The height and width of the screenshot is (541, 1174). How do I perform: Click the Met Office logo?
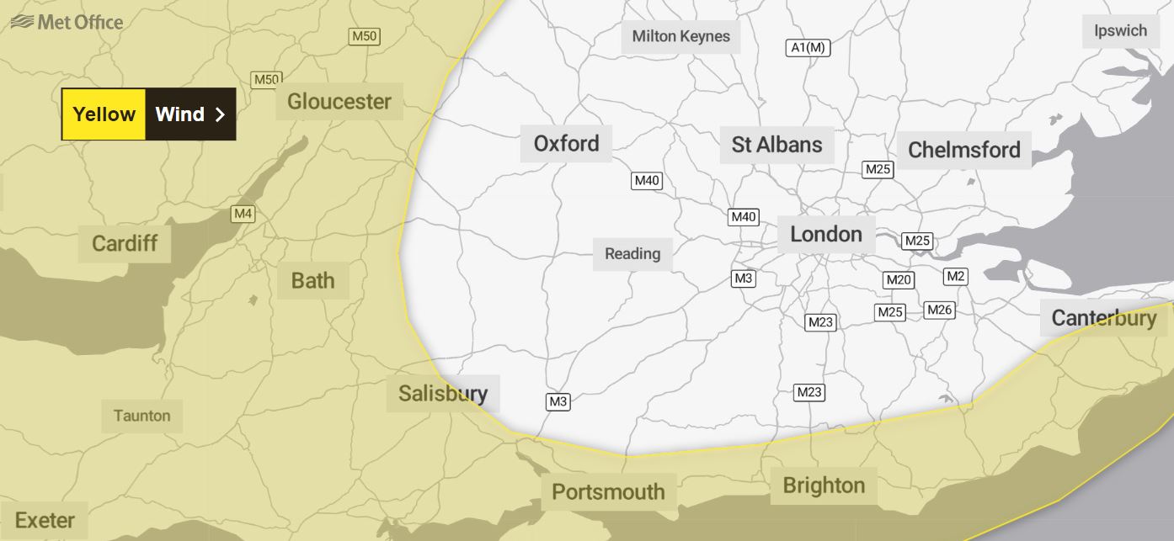[67, 23]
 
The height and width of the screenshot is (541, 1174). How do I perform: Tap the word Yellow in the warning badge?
[104, 114]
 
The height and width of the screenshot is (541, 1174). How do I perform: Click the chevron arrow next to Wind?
[220, 114]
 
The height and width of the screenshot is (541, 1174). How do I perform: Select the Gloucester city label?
[339, 102]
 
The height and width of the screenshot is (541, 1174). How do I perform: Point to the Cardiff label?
[125, 244]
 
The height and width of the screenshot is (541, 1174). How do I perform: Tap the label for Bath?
[312, 280]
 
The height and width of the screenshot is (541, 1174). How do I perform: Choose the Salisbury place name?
[443, 393]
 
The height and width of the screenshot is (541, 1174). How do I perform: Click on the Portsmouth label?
[608, 491]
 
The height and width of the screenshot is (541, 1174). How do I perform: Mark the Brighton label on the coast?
[823, 485]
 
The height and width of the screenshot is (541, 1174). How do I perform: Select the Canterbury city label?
[1103, 318]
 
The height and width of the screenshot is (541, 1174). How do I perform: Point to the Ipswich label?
[1120, 31]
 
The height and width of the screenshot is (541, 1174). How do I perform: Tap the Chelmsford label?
[963, 151]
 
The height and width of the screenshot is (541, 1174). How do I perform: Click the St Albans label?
[776, 145]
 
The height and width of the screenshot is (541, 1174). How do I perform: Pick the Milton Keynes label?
[680, 37]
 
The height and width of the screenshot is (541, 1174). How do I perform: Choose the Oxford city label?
[566, 143]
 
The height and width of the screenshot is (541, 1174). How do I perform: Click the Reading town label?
[632, 254]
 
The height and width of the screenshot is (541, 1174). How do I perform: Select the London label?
[825, 235]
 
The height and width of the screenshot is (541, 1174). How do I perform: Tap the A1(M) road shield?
[808, 48]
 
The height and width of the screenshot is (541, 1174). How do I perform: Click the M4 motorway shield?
[243, 214]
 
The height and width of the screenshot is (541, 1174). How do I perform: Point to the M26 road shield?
[939, 310]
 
